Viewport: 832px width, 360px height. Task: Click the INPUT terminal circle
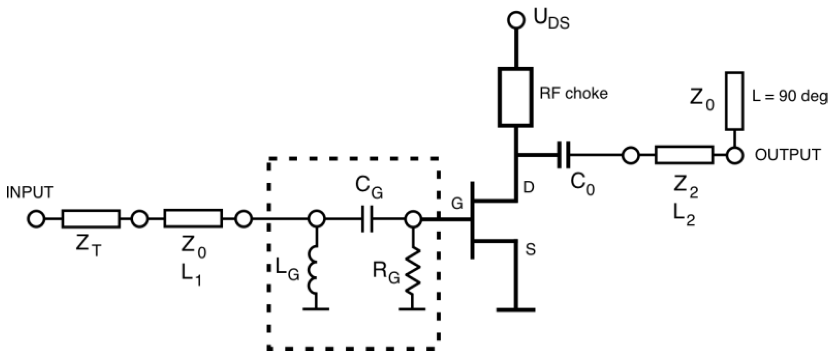pyautogui.click(x=36, y=219)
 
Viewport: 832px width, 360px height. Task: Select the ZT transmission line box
pyautogui.click(x=91, y=219)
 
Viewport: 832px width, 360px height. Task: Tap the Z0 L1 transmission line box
pyautogui.click(x=193, y=218)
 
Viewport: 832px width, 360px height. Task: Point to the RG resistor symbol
pyautogui.click(x=413, y=270)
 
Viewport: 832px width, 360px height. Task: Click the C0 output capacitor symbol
pyautogui.click(x=564, y=155)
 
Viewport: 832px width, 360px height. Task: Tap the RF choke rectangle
pyautogui.click(x=515, y=96)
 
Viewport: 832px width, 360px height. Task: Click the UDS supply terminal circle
pyautogui.click(x=516, y=20)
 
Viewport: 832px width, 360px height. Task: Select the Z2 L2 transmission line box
pyautogui.click(x=684, y=155)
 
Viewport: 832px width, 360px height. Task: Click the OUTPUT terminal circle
pyautogui.click(x=735, y=155)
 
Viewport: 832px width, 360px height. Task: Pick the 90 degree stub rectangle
pyautogui.click(x=734, y=101)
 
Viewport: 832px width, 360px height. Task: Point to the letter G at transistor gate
pyautogui.click(x=457, y=204)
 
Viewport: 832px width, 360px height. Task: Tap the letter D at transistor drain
pyautogui.click(x=529, y=187)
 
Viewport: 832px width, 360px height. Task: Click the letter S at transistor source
pyautogui.click(x=530, y=249)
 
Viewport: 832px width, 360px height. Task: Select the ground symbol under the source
pyautogui.click(x=516, y=309)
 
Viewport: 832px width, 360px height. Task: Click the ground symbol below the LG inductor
pyautogui.click(x=316, y=309)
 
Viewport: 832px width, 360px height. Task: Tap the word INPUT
pyautogui.click(x=30, y=192)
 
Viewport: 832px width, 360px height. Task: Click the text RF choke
pyautogui.click(x=573, y=93)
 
